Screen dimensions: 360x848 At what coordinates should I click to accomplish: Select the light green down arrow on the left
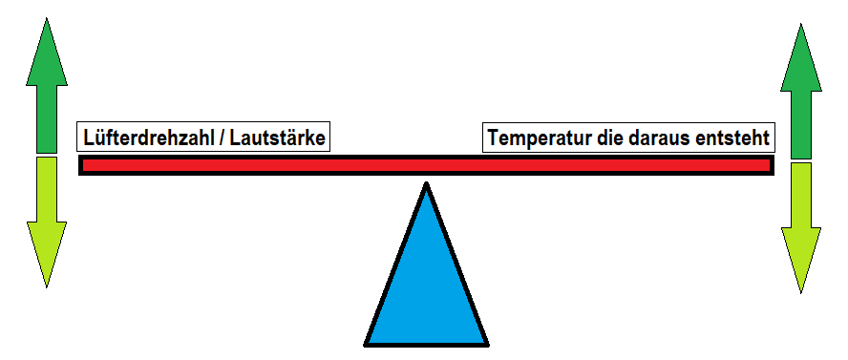pos(47,215)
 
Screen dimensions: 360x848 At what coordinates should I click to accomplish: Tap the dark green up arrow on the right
pos(801,95)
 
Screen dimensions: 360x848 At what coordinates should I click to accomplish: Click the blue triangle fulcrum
pos(426,286)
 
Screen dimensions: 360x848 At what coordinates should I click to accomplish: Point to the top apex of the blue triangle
pos(426,185)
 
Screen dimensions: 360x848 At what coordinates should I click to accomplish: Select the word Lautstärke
pos(276,138)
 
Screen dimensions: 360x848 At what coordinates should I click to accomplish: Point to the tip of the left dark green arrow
pos(47,19)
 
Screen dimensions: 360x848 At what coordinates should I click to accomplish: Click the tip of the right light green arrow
pos(801,290)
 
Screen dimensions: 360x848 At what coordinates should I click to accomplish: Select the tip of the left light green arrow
pos(47,285)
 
